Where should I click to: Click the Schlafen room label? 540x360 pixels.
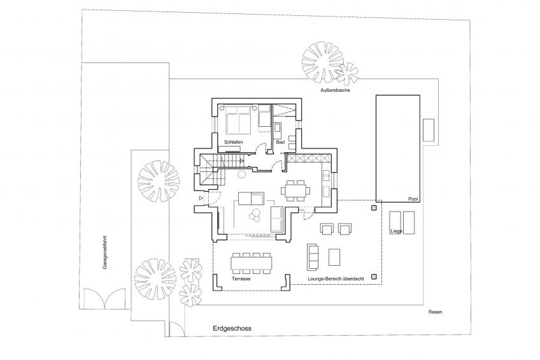click(234, 141)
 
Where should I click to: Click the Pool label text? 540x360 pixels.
click(413, 199)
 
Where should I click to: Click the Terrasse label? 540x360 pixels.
click(241, 278)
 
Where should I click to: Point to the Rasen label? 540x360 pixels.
click(435, 312)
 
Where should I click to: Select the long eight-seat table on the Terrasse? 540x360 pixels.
click(252, 261)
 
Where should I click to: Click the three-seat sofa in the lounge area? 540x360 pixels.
click(312, 256)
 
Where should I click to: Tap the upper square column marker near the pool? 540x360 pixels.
click(373, 207)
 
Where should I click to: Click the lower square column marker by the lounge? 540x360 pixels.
click(373, 277)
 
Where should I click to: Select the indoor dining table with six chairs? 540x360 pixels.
click(295, 189)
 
